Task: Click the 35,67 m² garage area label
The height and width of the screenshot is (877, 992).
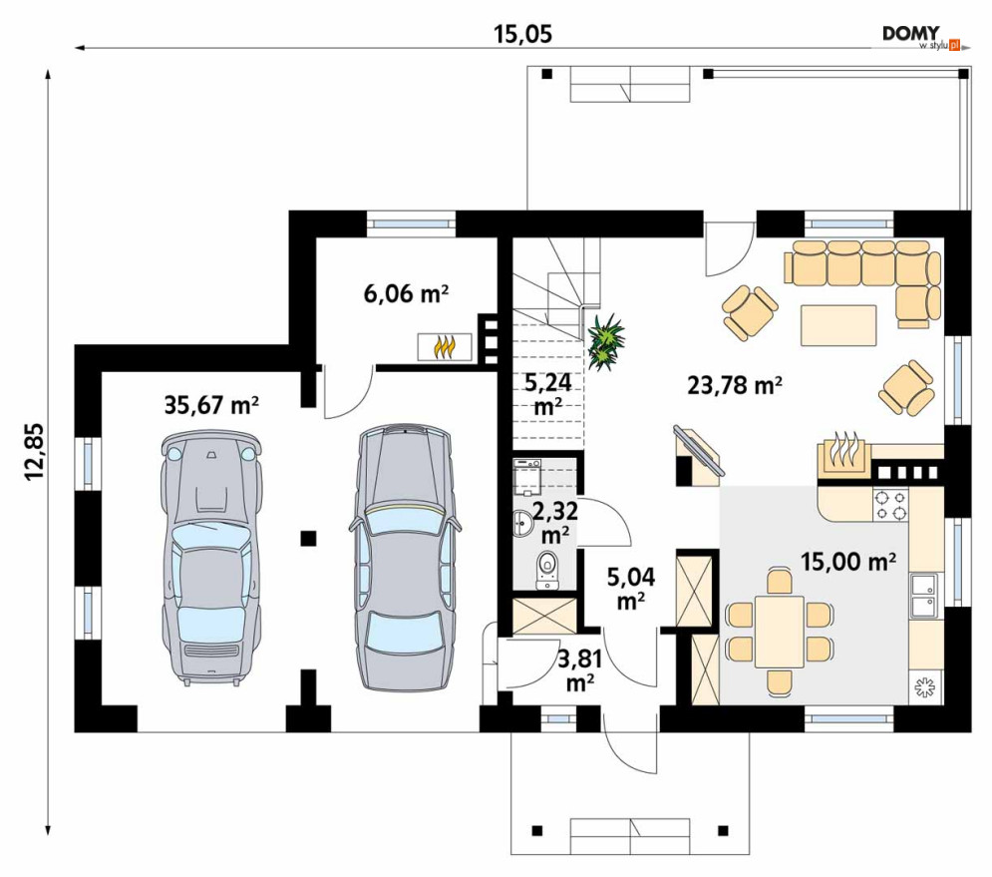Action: click(211, 405)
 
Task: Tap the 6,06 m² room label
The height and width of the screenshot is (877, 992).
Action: click(406, 293)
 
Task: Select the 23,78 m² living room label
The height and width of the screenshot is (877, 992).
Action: click(735, 384)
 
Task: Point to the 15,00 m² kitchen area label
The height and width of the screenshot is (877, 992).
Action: click(848, 561)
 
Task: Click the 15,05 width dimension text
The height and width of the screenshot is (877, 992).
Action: click(522, 34)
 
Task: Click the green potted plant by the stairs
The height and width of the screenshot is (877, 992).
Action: click(606, 342)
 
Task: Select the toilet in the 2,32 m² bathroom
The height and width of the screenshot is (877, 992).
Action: click(546, 570)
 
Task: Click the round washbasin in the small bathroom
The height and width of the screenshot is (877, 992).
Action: click(523, 523)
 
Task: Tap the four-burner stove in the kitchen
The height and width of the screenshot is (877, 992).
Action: click(890, 505)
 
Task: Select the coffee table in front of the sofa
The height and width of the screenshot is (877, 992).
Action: click(838, 325)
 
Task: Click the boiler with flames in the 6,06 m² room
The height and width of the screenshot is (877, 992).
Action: click(444, 347)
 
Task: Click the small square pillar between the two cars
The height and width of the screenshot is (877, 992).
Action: click(308, 538)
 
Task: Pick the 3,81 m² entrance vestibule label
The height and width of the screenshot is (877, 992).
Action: click(579, 670)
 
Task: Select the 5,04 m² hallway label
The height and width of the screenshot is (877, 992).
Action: click(631, 589)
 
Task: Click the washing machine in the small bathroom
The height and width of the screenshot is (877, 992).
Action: click(527, 476)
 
